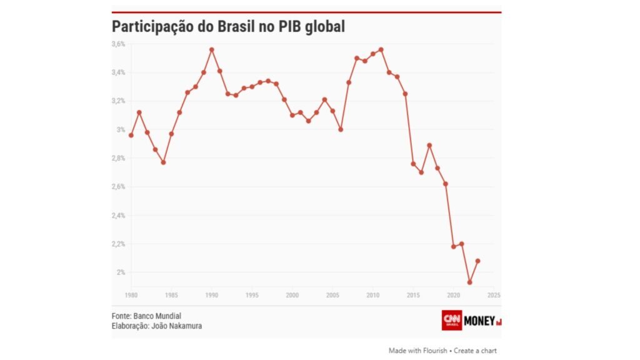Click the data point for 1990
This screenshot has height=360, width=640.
[x=212, y=49]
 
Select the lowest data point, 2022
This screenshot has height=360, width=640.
[x=469, y=282]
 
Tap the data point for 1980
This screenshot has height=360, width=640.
[x=131, y=135]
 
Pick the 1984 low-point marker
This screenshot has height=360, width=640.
[x=163, y=162]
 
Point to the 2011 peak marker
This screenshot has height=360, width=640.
[x=381, y=49]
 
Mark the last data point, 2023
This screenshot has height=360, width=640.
[x=477, y=261]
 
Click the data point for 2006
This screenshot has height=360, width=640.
[x=341, y=129]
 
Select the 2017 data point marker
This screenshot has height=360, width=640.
[x=429, y=145]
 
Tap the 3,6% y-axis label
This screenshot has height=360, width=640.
[x=119, y=44]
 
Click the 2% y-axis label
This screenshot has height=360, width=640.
[x=121, y=272]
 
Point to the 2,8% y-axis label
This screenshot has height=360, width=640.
[x=119, y=159]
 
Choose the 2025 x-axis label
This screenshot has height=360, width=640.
[x=494, y=295]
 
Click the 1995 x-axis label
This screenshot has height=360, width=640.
[x=252, y=295]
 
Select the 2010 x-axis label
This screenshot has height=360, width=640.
[x=373, y=295]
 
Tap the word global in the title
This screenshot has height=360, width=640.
[x=323, y=27]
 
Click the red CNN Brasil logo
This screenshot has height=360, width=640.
[x=452, y=320]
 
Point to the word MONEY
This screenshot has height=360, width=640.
[x=480, y=321]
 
